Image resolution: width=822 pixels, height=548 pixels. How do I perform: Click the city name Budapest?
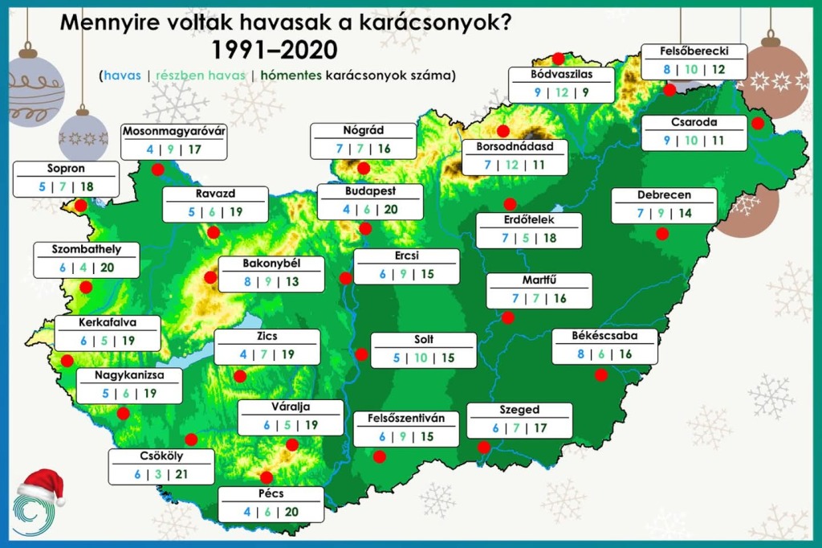click(x=370, y=192)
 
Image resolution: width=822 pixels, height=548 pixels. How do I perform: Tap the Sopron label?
click(x=67, y=170)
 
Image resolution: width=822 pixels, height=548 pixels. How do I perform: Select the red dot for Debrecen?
click(x=662, y=234)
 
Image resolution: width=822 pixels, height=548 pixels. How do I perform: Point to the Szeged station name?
click(x=519, y=410)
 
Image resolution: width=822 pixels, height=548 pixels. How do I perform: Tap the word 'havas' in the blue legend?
click(x=121, y=76)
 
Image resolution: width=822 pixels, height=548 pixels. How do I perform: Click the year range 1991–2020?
click(x=275, y=50)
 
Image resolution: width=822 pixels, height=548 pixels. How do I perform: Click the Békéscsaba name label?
click(x=604, y=335)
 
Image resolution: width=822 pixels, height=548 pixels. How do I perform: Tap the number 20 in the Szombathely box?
click(x=108, y=268)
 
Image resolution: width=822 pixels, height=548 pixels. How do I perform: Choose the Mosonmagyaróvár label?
click(x=174, y=131)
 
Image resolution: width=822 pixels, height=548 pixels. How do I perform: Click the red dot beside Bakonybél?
click(x=211, y=278)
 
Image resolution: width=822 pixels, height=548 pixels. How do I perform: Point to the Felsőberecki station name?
click(x=694, y=51)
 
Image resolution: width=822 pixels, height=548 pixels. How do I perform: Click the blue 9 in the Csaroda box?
click(x=666, y=141)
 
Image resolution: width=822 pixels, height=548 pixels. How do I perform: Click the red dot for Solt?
click(x=362, y=354)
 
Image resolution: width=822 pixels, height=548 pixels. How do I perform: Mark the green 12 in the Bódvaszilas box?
click(x=561, y=92)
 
